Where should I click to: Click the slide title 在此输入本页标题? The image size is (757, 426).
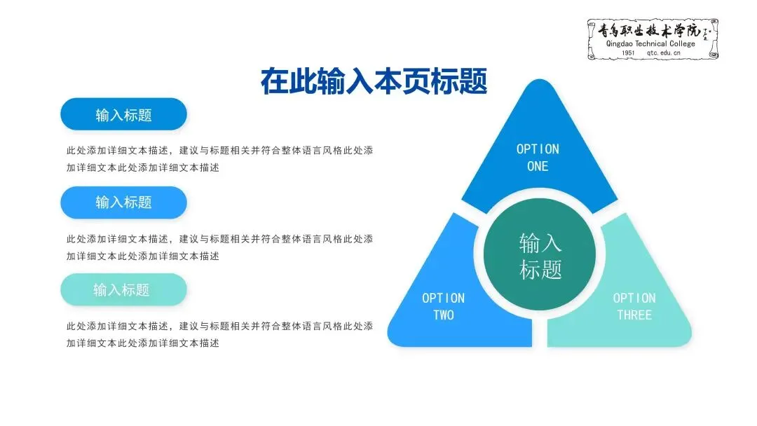click(x=374, y=81)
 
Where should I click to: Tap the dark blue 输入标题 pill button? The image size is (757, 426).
click(x=123, y=114)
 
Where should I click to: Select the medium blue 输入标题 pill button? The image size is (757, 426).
click(x=123, y=202)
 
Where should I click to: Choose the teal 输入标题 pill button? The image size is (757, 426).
click(x=123, y=289)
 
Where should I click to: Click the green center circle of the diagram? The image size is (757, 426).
click(x=540, y=256)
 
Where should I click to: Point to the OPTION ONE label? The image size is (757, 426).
click(x=538, y=158)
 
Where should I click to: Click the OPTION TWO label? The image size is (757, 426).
click(x=443, y=306)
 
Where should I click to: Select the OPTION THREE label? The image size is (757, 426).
click(x=634, y=306)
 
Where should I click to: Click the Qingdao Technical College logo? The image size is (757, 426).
click(x=653, y=39)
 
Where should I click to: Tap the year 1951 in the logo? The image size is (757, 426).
click(x=628, y=53)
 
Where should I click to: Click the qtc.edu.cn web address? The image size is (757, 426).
click(x=663, y=53)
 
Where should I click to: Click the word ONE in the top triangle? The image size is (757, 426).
click(x=538, y=167)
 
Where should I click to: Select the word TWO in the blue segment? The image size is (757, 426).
click(x=443, y=315)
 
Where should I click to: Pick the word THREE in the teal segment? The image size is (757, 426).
click(x=634, y=315)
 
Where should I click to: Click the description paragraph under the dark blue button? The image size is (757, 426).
click(x=219, y=159)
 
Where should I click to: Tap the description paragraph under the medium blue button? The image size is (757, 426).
click(x=219, y=247)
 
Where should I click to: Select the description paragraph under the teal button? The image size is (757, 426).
click(x=219, y=334)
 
